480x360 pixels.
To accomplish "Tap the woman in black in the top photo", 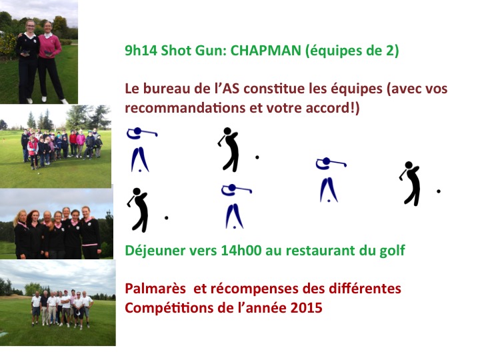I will coord(27,57).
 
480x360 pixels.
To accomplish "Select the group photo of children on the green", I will coord(57,143).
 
